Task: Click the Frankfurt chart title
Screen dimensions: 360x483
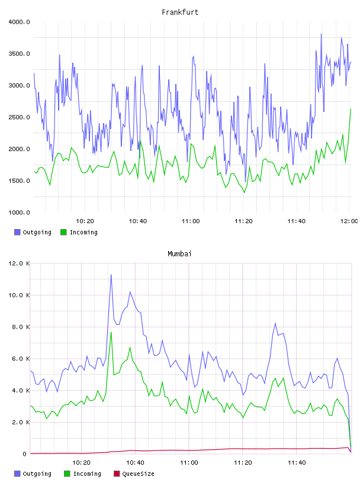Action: coord(180,12)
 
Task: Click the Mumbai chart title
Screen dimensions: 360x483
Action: coord(179,254)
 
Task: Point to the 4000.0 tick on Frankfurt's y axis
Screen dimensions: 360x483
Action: coord(20,22)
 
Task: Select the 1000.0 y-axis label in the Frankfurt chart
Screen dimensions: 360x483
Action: coord(20,212)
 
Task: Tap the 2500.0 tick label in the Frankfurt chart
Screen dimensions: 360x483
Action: coord(20,117)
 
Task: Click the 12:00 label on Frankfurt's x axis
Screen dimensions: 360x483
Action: coord(349,221)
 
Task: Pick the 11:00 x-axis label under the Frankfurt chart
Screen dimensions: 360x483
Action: coord(191,221)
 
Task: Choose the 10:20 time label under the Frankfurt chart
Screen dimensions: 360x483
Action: coord(85,221)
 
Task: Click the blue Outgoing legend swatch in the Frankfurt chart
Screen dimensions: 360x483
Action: coord(17,232)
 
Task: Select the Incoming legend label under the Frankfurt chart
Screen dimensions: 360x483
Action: coord(84,233)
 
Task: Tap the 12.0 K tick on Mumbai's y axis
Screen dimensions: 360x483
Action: coord(20,263)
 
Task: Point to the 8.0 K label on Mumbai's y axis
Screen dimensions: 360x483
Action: coord(21,327)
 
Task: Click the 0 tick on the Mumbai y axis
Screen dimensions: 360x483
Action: coord(25,454)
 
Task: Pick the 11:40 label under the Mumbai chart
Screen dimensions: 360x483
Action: coord(297,463)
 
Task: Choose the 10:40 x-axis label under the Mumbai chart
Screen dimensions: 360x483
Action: coord(136,463)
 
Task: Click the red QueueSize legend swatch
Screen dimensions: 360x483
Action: coord(117,474)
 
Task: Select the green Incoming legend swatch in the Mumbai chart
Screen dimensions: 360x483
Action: coord(67,474)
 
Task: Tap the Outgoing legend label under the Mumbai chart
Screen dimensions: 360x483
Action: coord(37,474)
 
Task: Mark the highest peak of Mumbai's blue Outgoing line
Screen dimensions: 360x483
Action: coord(111,275)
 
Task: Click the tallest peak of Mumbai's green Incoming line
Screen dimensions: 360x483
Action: coord(111,333)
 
